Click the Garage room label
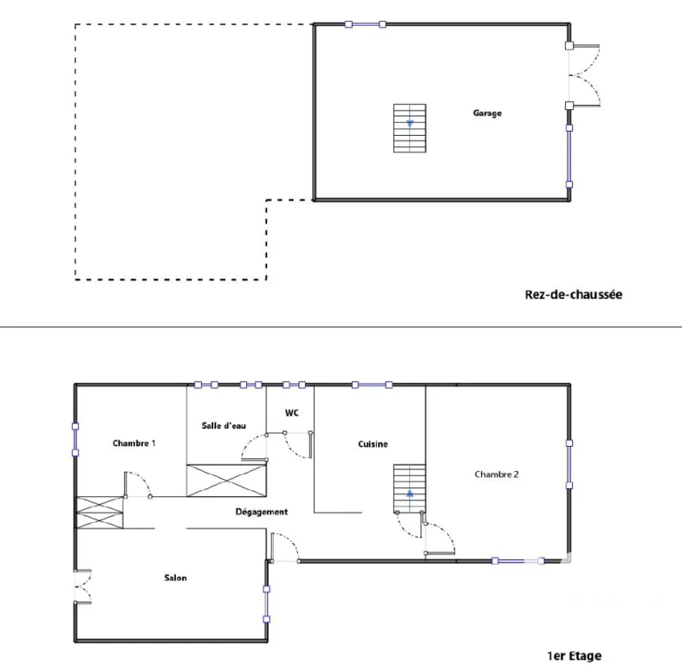[x=487, y=113]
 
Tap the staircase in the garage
[x=410, y=128]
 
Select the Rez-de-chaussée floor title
[x=574, y=294]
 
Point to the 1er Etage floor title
[x=575, y=655]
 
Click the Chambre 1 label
[x=134, y=443]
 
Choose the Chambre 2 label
[x=497, y=475]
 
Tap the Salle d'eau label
[x=224, y=425]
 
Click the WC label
[x=292, y=413]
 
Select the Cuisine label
[x=373, y=444]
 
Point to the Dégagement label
[x=262, y=512]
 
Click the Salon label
[x=175, y=578]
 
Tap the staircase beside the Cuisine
[x=410, y=488]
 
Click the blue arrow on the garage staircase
[x=410, y=124]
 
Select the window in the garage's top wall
[x=366, y=24]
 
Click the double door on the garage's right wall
[x=583, y=75]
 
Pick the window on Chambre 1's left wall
[x=75, y=439]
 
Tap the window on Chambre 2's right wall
[x=569, y=464]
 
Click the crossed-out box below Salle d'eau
[x=226, y=481]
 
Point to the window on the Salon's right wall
[x=267, y=604]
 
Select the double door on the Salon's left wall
[x=82, y=587]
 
